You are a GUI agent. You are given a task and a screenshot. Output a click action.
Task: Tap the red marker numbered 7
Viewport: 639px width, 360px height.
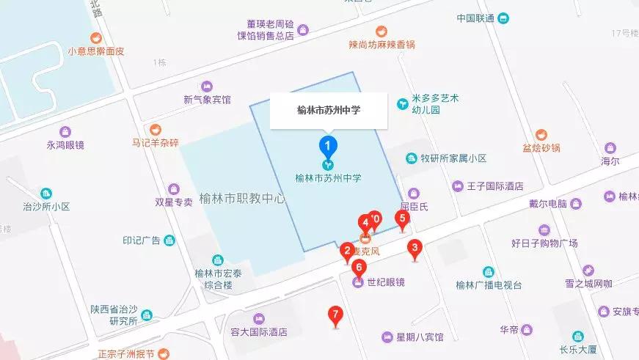(x=336, y=316)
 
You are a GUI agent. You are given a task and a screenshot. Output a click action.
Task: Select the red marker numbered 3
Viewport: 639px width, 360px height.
(x=415, y=249)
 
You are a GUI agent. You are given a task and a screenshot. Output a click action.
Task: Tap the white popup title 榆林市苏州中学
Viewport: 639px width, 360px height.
(x=329, y=111)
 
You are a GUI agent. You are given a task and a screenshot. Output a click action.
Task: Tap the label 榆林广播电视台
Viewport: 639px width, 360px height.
(x=488, y=286)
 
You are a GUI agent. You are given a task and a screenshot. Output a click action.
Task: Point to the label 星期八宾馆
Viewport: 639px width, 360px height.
(x=420, y=338)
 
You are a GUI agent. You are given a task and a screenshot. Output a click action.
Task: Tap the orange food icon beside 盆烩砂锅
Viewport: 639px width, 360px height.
(x=541, y=135)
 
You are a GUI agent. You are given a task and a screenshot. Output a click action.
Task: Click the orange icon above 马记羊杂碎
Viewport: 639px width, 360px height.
(x=155, y=130)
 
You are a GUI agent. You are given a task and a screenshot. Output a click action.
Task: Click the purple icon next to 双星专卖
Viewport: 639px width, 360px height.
(x=174, y=189)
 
